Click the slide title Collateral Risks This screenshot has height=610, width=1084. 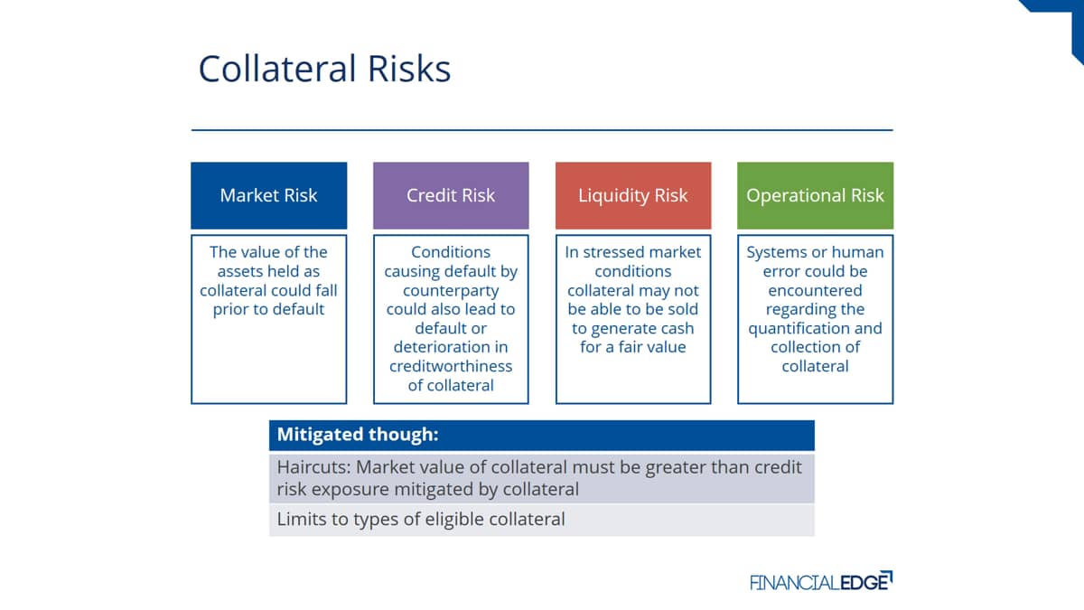point(324,69)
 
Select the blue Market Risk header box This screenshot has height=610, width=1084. point(268,195)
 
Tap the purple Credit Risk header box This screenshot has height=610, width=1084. point(451,195)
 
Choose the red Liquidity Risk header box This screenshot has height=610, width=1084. point(633,195)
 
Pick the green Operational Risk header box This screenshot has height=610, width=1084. point(815,195)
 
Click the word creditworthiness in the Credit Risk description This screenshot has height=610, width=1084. point(451,366)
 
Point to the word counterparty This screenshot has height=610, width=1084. point(451,290)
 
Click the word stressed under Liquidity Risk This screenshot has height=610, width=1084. point(613,252)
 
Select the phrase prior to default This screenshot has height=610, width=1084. point(268,309)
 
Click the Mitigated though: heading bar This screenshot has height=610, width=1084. point(541,435)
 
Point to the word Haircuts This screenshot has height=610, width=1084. point(314,467)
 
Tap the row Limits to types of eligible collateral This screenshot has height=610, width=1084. point(541,520)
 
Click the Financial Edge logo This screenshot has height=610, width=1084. point(821,581)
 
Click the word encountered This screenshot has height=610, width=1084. point(815,290)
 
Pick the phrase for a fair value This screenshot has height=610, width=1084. point(633,347)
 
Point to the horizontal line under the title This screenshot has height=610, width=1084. point(542,130)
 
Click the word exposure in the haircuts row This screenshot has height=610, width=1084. point(350,490)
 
